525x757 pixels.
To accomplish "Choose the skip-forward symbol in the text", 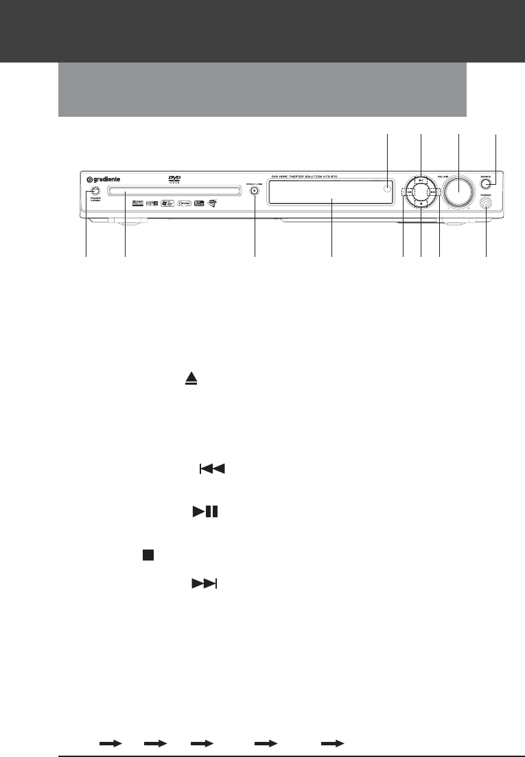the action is [x=204, y=583].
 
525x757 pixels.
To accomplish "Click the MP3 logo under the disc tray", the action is [x=152, y=203].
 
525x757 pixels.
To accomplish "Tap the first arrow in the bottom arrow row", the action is [x=110, y=743].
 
